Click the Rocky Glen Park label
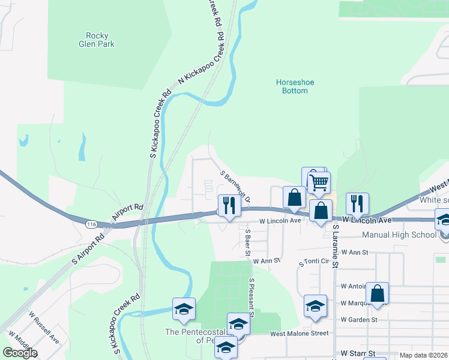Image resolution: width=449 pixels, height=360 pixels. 96,40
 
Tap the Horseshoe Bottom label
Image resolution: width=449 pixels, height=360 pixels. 295,86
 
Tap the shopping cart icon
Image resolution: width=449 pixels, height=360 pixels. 319,181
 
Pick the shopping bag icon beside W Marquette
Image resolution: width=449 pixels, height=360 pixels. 377,294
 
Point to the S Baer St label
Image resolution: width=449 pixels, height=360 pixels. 247,242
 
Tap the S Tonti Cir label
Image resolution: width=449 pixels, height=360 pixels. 315,263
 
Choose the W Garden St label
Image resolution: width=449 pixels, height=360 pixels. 358,320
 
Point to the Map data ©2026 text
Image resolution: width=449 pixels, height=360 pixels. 423,355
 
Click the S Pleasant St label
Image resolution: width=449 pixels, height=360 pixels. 252,298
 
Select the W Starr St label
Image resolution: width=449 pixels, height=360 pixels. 358,354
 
